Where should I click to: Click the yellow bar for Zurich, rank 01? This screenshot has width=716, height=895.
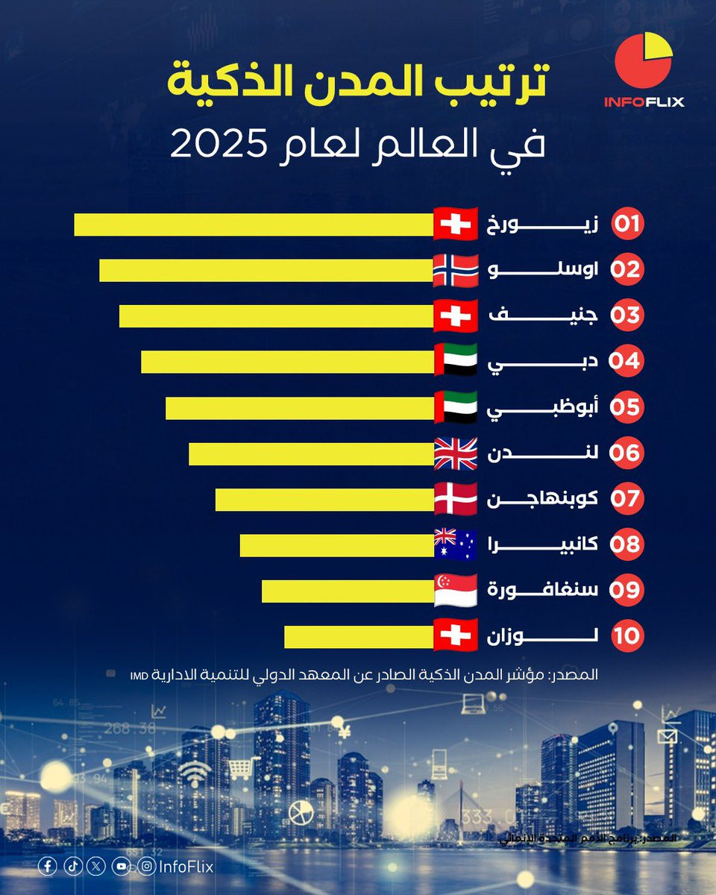tap(254, 224)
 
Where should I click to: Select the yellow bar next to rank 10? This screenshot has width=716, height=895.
tap(359, 636)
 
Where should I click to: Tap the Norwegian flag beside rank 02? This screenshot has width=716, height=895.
tap(455, 271)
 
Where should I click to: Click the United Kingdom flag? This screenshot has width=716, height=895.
tap(455, 453)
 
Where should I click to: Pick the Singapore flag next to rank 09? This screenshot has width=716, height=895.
tap(455, 590)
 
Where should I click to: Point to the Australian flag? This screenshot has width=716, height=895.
tap(455, 544)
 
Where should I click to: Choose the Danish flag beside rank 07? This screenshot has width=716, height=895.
tap(455, 499)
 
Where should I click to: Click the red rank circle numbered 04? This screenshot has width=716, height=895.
tap(626, 362)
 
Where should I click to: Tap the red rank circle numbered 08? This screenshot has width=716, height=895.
tap(626, 544)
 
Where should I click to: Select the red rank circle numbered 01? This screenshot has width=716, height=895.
tap(627, 224)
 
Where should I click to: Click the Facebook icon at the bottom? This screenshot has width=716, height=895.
tap(48, 866)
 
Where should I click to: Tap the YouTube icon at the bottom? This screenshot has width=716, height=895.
tap(121, 866)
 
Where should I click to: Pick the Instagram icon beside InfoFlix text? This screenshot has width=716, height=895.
tap(147, 866)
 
